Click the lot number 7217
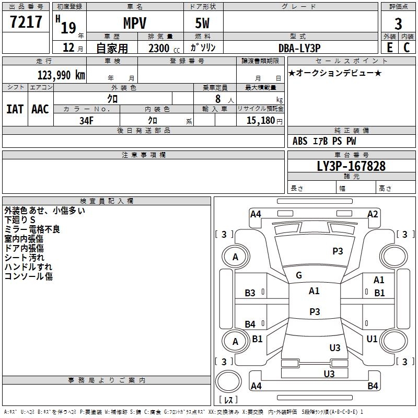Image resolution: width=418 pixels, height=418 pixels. pos(26,23)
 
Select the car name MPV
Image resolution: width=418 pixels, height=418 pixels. pos(134,24)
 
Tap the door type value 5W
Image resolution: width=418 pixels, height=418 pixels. pos(204,24)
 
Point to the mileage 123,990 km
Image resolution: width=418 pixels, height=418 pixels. pos(61,75)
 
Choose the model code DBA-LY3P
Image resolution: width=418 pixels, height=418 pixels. pos(299,48)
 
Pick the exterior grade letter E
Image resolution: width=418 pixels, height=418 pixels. pos(389,48)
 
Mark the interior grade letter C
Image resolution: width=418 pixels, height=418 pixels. pos(407,48)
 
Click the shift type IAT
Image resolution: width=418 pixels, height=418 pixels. pos(15,109)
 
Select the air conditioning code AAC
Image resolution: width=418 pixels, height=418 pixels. pos(40,109)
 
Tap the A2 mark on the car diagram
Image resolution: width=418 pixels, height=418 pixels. pos(372,214)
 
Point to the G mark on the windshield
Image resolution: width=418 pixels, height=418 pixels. pos(298,275)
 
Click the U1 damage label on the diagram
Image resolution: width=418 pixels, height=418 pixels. pos(371,339)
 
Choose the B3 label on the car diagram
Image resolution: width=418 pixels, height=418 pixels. pos(250,293)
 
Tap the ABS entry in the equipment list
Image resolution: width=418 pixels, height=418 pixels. pos(300,141)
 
